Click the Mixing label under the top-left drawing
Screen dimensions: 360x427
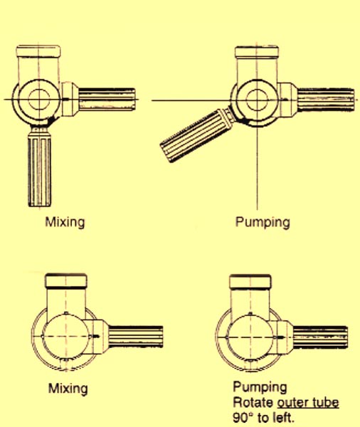coord(65,222)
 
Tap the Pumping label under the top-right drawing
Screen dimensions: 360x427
coord(263,222)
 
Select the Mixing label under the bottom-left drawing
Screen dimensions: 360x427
coord(68,389)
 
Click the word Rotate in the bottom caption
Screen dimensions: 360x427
coord(253,403)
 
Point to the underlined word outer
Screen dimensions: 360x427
coord(293,403)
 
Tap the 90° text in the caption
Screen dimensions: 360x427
coord(243,418)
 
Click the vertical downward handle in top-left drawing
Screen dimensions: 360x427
coord(40,167)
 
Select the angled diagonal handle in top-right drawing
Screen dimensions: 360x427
coord(196,135)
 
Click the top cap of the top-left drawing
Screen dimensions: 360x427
coord(38,51)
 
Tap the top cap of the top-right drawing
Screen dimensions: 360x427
coord(257,52)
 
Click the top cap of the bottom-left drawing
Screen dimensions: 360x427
coord(66,281)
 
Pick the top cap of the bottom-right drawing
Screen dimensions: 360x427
coord(250,282)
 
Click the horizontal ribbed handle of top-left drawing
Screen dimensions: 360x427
coord(107,99)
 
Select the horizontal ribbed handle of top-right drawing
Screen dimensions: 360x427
coord(326,100)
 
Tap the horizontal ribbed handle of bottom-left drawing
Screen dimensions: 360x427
coord(136,337)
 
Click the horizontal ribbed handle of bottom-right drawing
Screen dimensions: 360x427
coord(320,337)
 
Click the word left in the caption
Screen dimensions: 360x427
coord(285,418)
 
